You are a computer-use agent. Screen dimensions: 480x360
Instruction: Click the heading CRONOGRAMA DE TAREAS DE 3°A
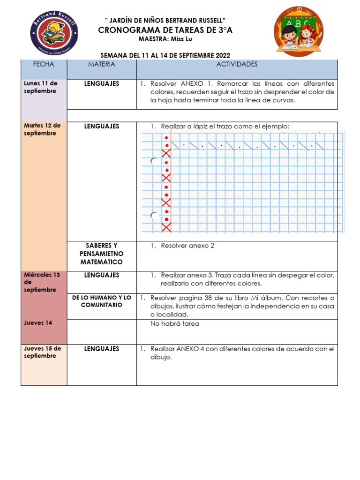click(165, 30)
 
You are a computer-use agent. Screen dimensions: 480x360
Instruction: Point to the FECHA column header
click(44, 64)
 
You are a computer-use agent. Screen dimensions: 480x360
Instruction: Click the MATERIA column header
click(101, 64)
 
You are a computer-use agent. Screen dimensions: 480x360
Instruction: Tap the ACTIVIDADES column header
click(237, 64)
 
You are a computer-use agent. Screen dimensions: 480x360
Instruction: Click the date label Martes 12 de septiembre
click(42, 129)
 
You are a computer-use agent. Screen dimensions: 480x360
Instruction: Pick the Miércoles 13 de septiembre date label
click(42, 282)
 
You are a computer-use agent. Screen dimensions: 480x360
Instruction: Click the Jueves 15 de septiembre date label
click(42, 352)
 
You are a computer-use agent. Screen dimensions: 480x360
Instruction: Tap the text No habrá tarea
click(174, 324)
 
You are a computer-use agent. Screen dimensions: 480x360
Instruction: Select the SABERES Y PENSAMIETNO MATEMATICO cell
click(101, 254)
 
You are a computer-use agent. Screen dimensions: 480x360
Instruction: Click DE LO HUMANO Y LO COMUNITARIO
click(101, 301)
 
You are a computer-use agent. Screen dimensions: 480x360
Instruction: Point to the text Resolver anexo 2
click(187, 246)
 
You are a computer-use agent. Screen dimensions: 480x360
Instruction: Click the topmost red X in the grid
click(166, 153)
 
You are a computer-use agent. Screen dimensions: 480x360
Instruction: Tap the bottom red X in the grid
click(166, 227)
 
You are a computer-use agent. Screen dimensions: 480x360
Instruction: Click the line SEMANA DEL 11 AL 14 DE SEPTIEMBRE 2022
click(165, 55)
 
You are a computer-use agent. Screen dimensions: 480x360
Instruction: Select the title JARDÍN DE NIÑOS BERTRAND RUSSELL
click(165, 21)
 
